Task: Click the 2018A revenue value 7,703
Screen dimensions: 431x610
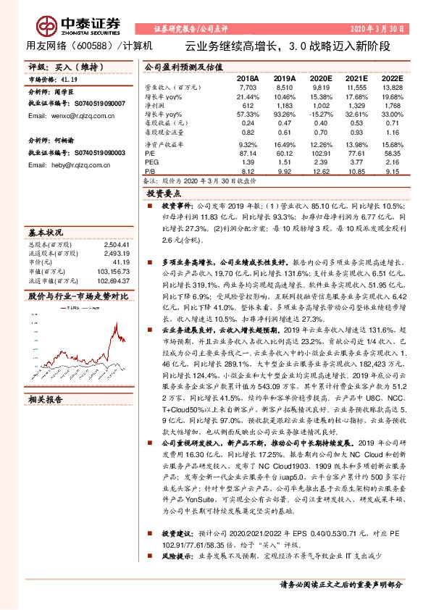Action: [248, 86]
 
